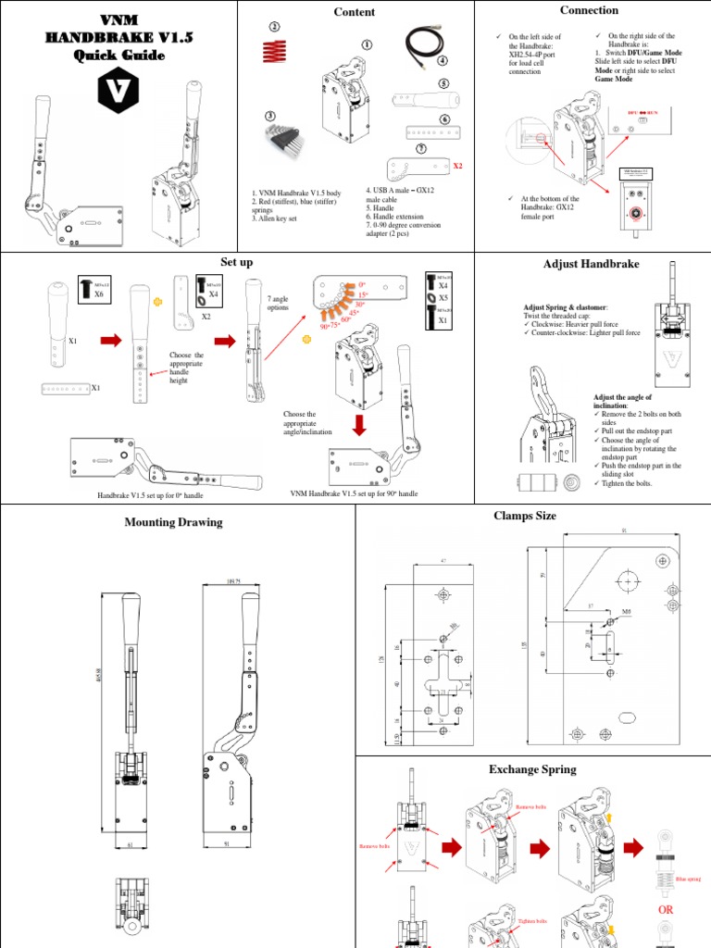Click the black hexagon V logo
[118, 90]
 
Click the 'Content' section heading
[355, 12]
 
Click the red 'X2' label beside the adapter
[456, 167]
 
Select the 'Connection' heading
[589, 10]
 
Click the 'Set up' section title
[237, 263]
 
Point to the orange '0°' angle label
[361, 284]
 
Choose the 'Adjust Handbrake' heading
[591, 265]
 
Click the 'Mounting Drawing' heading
[173, 522]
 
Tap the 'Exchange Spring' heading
[532, 769]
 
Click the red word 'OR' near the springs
[665, 910]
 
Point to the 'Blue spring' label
[688, 880]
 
